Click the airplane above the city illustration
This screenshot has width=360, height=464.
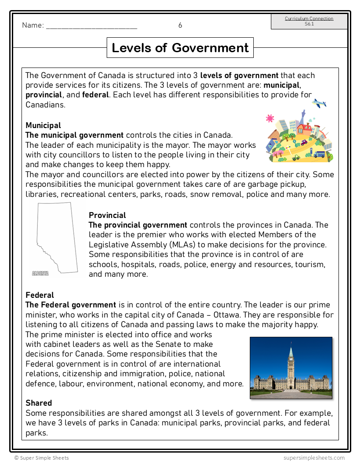(319, 104)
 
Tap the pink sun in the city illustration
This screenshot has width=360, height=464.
(270, 118)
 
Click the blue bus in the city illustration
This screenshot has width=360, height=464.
(320, 154)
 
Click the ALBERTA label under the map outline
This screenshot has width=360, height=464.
(40, 273)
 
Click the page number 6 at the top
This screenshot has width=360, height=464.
(180, 25)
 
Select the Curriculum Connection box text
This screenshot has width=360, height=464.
(309, 21)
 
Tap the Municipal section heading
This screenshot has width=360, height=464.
(43, 125)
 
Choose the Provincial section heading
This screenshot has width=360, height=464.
(107, 215)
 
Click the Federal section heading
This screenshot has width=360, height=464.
(40, 295)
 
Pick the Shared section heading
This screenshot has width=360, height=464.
(39, 403)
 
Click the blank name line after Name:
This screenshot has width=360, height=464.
(91, 26)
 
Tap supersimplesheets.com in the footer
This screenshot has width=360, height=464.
(314, 458)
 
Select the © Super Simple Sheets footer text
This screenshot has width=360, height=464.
(41, 458)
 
